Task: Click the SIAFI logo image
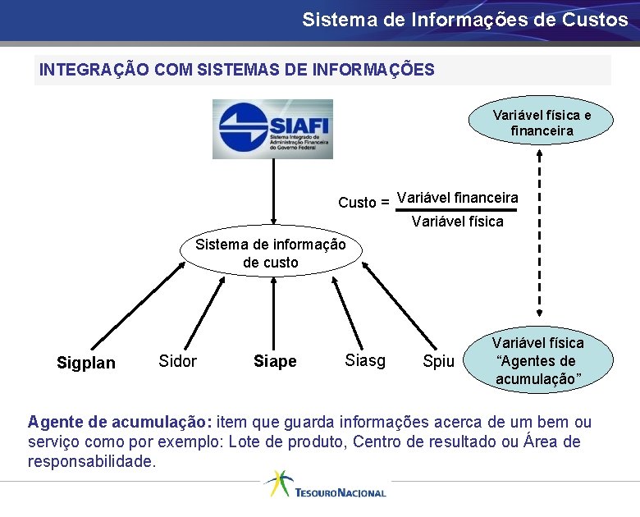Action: pos(272,129)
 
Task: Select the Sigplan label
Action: pos(86,363)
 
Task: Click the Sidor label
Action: pos(177,361)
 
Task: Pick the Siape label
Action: pos(275,362)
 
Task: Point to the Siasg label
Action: pos(365,360)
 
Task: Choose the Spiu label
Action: pos(438,361)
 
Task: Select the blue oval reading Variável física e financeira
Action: pos(542,122)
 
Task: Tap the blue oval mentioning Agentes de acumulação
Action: pos(537,360)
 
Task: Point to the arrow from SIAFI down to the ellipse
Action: pos(272,196)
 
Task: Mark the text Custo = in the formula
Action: pos(363,202)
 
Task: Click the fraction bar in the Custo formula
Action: pos(457,210)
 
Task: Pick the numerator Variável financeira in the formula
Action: pos(457,197)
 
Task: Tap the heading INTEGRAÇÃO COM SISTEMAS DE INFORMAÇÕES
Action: pos(236,70)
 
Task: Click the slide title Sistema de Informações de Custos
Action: pos(464,20)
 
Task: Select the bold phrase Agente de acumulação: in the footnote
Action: pos(120,423)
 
